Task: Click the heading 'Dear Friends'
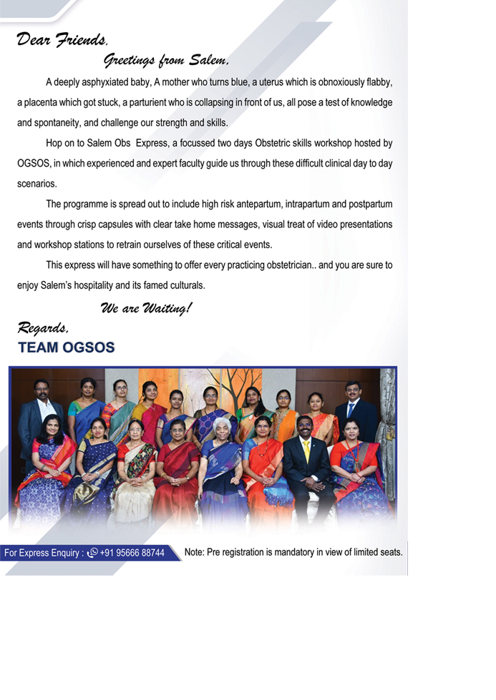62,39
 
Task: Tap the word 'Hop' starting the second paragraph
54,143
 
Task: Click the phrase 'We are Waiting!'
146,309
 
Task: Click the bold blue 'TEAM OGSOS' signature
66,347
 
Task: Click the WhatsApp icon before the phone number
92,553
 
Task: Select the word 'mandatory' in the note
291,552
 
